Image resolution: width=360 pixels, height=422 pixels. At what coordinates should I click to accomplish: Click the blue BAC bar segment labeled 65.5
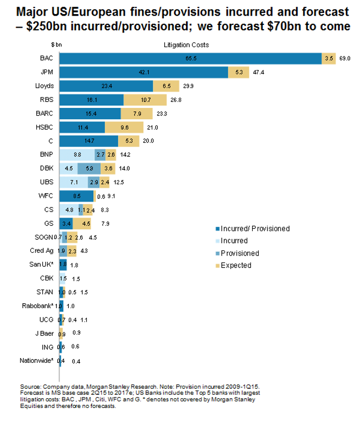pyautogui.click(x=190, y=57)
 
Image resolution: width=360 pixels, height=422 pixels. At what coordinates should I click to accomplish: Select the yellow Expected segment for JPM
pyautogui.click(x=239, y=72)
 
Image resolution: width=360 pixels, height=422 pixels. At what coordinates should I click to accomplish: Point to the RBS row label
pyautogui.click(x=46, y=100)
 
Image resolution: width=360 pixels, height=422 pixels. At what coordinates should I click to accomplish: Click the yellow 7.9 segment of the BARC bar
pyautogui.click(x=136, y=114)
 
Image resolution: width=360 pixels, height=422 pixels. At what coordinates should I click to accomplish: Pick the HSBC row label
pyautogui.click(x=44, y=127)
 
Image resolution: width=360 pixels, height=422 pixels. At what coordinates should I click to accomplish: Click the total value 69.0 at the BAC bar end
pyautogui.click(x=345, y=57)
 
